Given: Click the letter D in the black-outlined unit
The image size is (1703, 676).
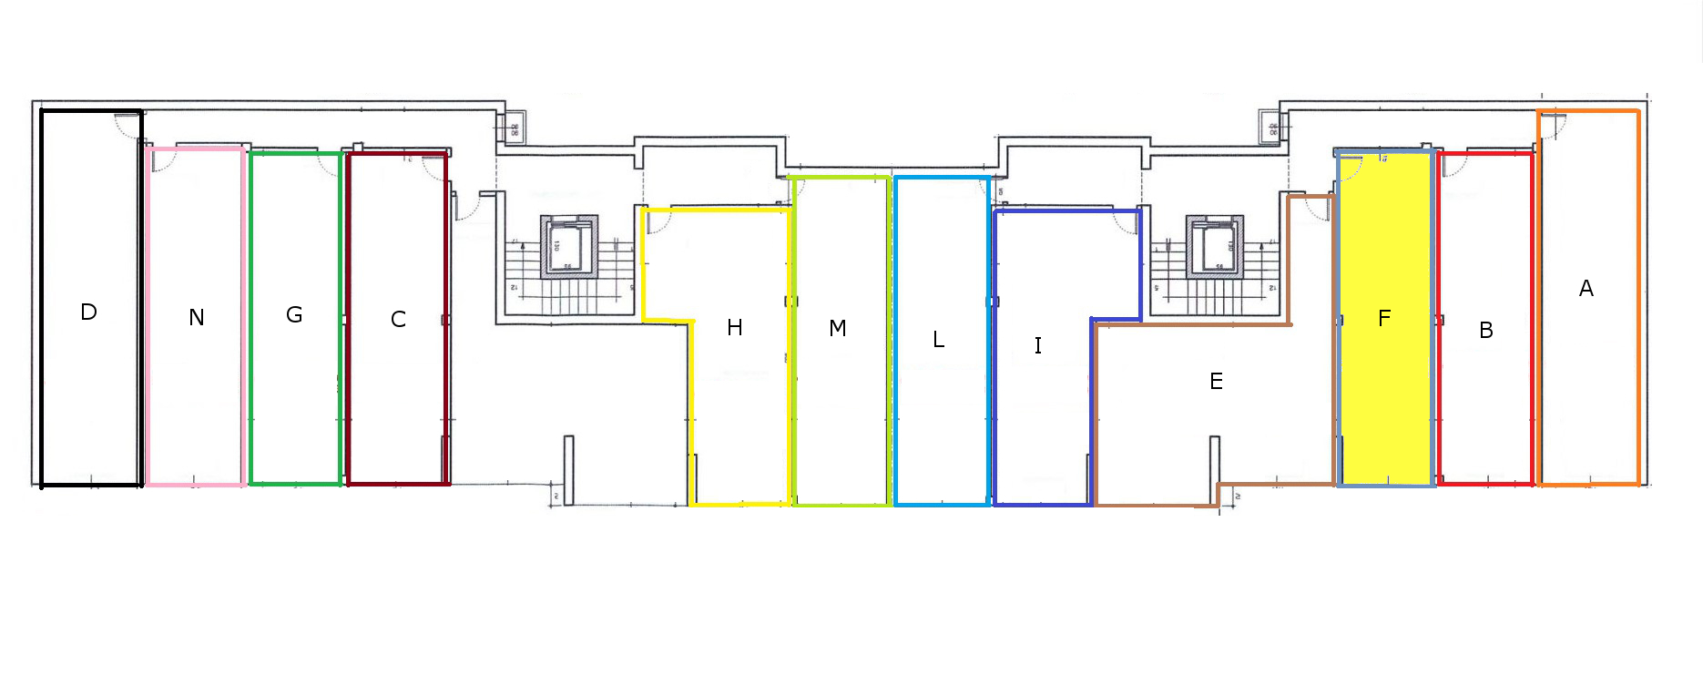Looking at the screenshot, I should pyautogui.click(x=88, y=312).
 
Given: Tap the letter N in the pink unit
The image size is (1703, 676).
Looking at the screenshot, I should pyautogui.click(x=197, y=318).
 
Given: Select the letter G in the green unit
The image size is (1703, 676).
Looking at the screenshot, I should pyautogui.click(x=294, y=315).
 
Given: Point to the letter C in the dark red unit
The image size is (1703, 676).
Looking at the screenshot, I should pyautogui.click(x=398, y=320).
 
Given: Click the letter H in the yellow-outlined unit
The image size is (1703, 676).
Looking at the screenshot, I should pyautogui.click(x=735, y=328).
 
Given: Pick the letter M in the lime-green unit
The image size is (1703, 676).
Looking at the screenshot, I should pyautogui.click(x=838, y=329).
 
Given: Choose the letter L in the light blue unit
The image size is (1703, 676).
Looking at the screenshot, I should pyautogui.click(x=939, y=340).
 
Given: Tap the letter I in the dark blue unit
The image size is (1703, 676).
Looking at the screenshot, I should pyautogui.click(x=1037, y=345).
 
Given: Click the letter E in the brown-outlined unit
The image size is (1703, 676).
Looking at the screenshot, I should pyautogui.click(x=1216, y=382).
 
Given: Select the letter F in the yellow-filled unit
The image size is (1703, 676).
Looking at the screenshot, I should pyautogui.click(x=1384, y=319).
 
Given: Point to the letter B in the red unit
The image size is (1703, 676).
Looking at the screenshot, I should pyautogui.click(x=1486, y=331).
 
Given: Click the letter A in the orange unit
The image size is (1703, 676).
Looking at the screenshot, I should pyautogui.click(x=1586, y=289).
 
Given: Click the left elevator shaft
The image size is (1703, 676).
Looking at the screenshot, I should pyautogui.click(x=569, y=247).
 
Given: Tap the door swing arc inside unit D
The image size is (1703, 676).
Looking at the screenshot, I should pyautogui.click(x=126, y=126).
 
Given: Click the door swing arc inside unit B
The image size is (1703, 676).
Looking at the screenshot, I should pyautogui.click(x=1454, y=165).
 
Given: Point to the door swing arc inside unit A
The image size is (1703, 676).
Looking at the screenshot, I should pyautogui.click(x=1554, y=126).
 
